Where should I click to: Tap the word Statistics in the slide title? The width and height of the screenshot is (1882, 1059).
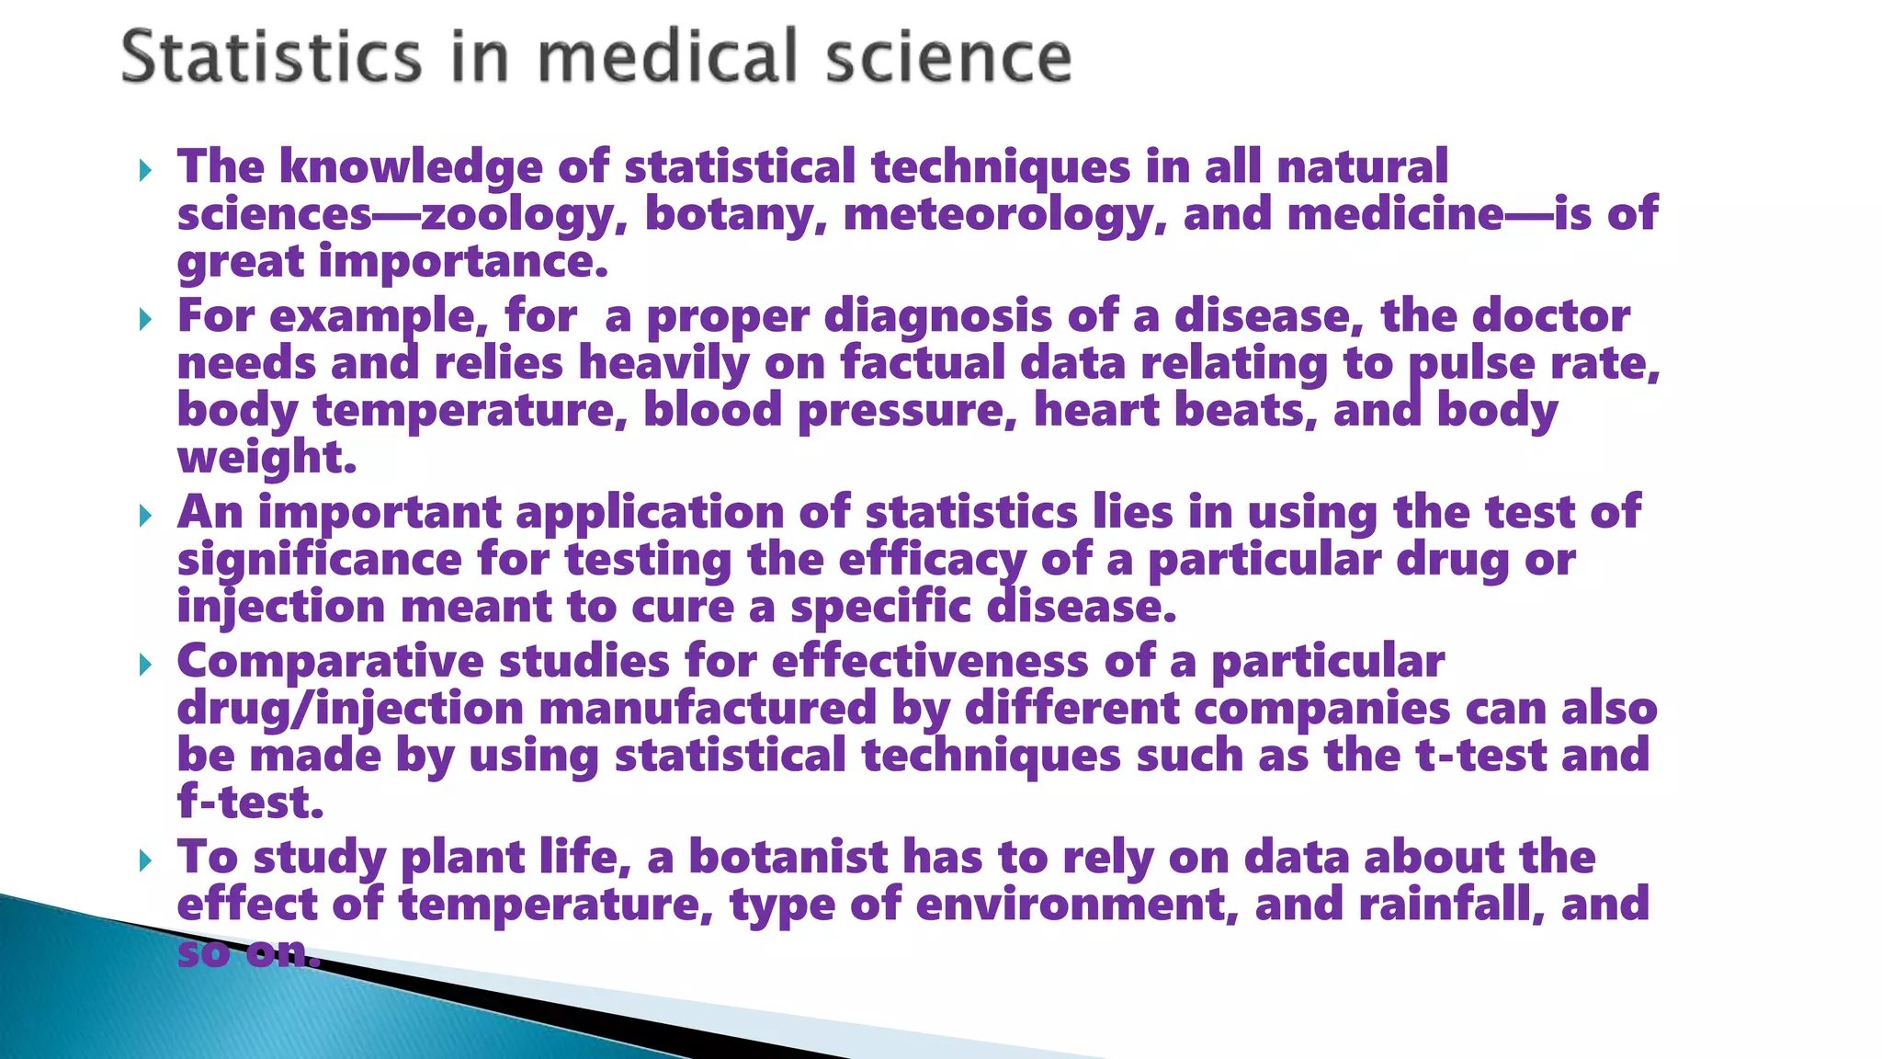(x=271, y=57)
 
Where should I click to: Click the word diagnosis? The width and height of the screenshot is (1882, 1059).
(x=937, y=316)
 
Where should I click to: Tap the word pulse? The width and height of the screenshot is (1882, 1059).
(x=1471, y=364)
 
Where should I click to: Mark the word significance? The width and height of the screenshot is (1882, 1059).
(x=319, y=561)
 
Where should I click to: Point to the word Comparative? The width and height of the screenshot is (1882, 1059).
(x=330, y=662)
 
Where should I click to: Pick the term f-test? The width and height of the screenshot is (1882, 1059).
(x=250, y=803)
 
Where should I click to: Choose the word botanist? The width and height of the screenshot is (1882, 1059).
(x=788, y=858)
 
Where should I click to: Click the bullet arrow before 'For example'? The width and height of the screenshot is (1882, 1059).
(x=145, y=320)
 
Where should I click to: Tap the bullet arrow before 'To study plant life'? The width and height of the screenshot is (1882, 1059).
(x=145, y=861)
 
